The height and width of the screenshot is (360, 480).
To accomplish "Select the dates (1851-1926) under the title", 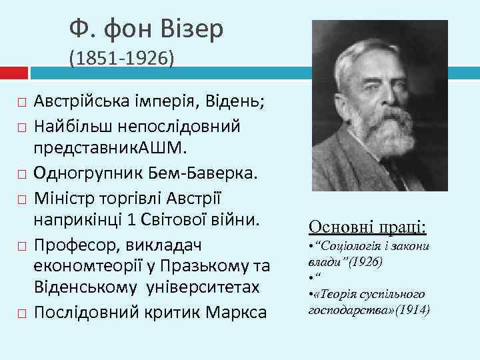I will click(121, 59).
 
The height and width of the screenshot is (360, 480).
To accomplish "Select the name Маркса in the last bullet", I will click(232, 313).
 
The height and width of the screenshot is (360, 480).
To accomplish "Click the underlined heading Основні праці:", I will click(367, 227).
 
